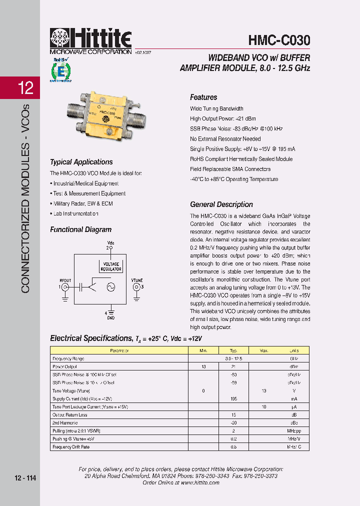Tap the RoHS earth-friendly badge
click(60, 69)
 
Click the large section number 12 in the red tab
click(25, 88)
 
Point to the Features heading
click(203, 97)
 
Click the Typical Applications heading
click(81, 162)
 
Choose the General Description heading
click(221, 204)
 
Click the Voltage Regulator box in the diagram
click(111, 266)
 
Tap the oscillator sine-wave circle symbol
click(108, 287)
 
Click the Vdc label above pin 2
click(110, 242)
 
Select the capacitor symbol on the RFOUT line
click(80, 287)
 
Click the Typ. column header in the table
click(233, 350)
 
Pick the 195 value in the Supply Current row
click(233, 398)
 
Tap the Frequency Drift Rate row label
click(71, 446)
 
